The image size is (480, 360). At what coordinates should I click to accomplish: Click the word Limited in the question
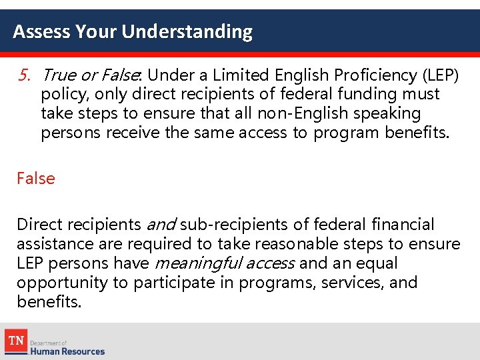237,75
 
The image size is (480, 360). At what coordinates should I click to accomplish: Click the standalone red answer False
36,178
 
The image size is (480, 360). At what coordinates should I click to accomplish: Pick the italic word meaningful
189,263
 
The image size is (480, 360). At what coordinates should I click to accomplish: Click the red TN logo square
15,341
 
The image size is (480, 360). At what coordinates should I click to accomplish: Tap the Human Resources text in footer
67,351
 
